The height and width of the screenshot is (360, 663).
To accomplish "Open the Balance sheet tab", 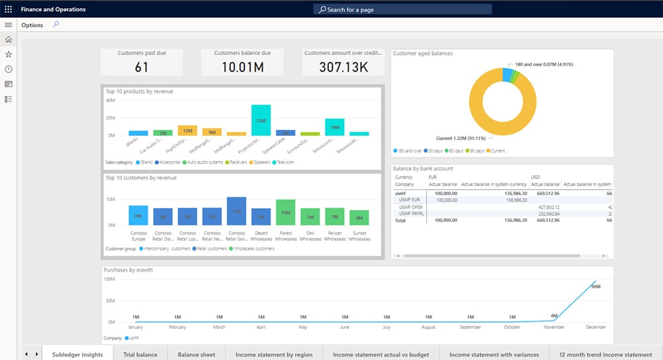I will point(196,355).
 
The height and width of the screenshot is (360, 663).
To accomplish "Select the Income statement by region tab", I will point(274,355).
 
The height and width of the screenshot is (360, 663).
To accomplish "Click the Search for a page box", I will point(402,10).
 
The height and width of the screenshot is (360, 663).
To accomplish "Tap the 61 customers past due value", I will point(141,67).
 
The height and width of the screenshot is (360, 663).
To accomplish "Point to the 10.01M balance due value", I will point(243,67).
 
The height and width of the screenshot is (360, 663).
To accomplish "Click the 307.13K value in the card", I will point(343,67).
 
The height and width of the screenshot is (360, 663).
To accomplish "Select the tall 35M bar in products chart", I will point(261,121).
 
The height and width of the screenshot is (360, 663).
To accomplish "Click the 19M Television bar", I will point(334,127).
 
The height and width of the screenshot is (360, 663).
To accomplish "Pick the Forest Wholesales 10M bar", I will point(285,212).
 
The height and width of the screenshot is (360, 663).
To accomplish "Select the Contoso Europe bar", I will point(139,215).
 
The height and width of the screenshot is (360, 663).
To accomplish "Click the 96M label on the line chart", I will point(595,286).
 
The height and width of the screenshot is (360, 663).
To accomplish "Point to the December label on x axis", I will point(595,328).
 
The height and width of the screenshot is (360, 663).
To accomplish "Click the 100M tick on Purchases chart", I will point(109,280).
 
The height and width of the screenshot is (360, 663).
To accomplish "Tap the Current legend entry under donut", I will point(497,151).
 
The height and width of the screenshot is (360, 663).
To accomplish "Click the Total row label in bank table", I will point(401,219).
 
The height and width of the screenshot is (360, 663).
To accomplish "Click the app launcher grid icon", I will point(9,9).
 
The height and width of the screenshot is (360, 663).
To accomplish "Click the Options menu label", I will point(32,25).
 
